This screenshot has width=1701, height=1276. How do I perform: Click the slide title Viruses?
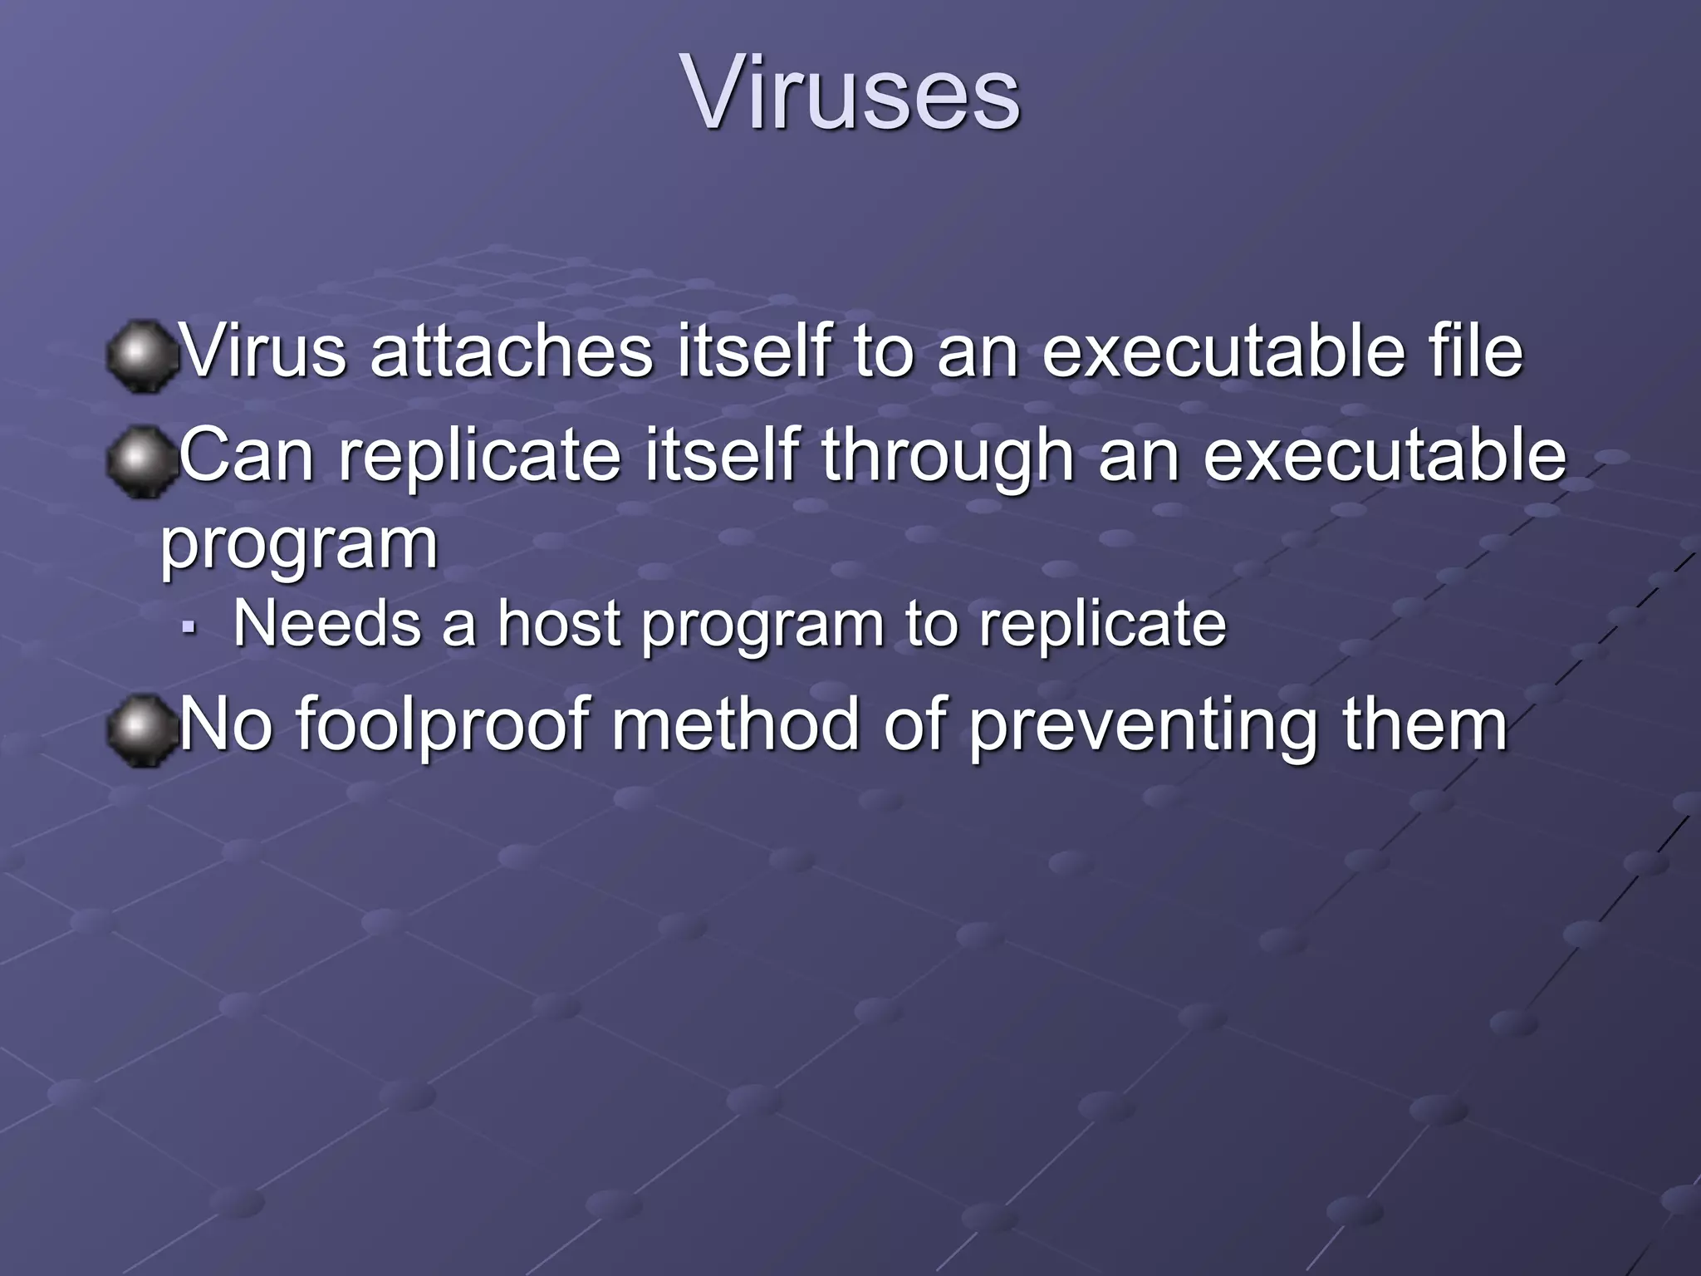click(x=850, y=93)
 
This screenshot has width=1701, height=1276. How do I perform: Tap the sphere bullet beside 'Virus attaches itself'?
click(x=141, y=356)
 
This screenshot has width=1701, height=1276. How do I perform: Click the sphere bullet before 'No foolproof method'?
click(x=141, y=730)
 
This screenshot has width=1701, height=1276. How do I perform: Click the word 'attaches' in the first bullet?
click(x=512, y=351)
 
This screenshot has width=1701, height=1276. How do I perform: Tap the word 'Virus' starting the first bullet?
click(x=263, y=351)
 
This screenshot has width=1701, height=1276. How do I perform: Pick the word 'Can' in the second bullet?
click(x=246, y=457)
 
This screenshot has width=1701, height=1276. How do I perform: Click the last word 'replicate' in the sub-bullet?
click(x=1102, y=625)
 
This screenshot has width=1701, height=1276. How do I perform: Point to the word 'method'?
click(x=736, y=725)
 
